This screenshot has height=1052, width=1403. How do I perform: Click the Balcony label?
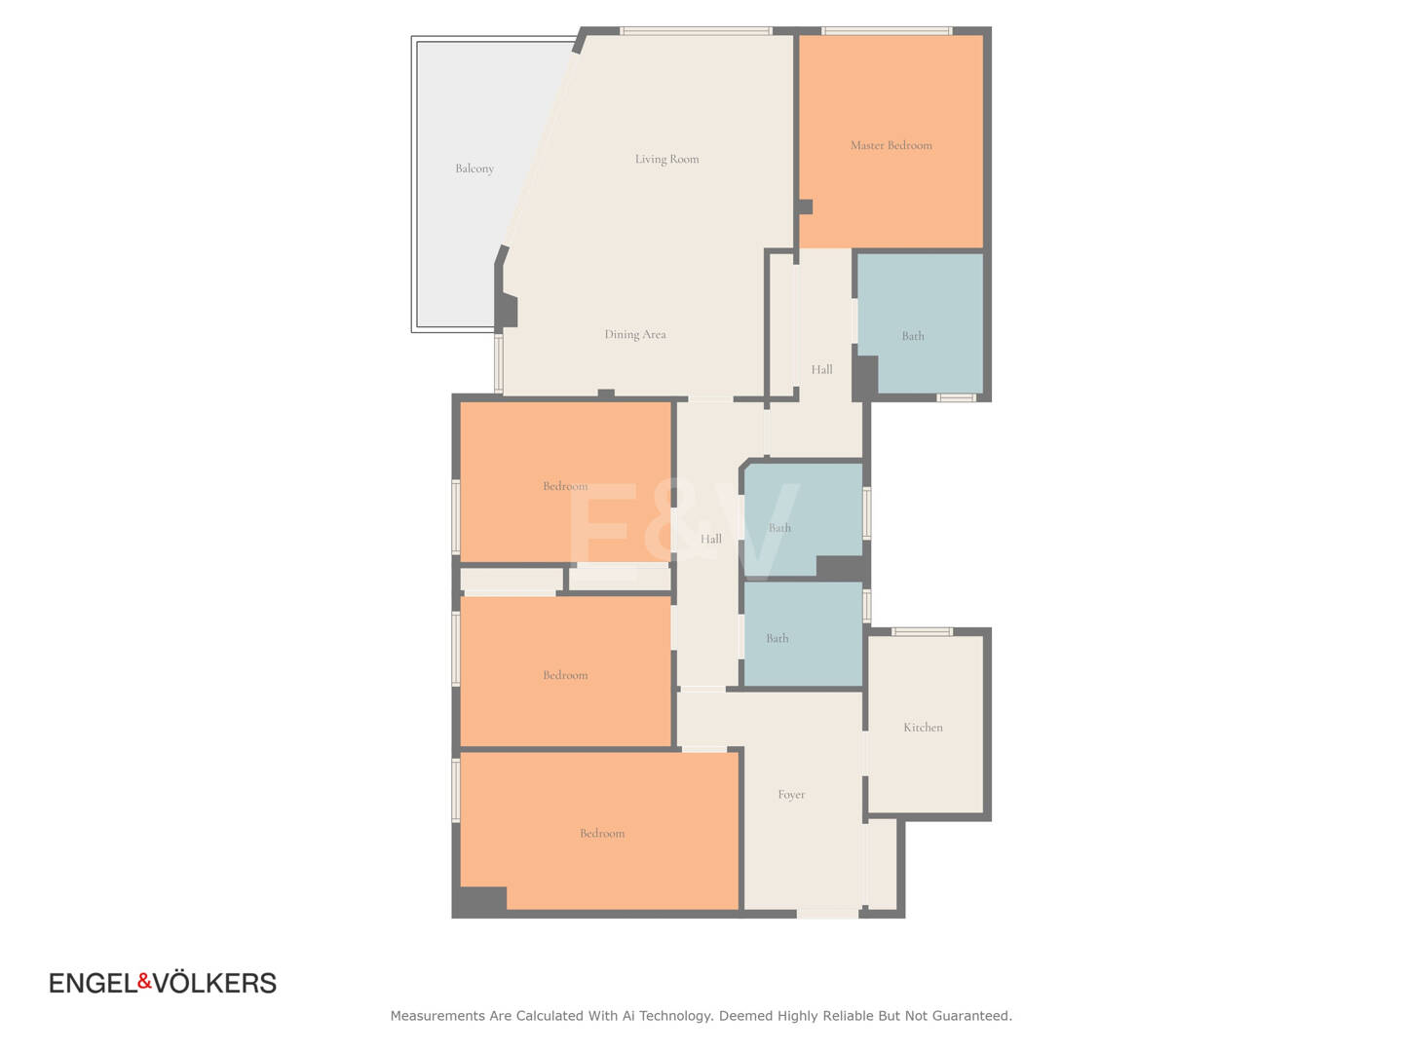(474, 169)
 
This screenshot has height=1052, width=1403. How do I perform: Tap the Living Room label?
(666, 159)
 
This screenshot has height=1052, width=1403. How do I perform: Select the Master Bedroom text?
(891, 146)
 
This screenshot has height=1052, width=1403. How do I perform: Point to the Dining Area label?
(635, 334)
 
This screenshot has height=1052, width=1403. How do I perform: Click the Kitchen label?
(923, 727)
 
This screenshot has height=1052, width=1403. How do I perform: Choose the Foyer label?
(791, 795)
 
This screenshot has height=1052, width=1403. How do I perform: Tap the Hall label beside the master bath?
(822, 369)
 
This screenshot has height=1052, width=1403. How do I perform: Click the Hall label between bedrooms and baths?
(711, 539)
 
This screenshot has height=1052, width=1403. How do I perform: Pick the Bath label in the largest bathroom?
(913, 336)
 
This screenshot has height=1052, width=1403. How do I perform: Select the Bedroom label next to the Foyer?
(602, 833)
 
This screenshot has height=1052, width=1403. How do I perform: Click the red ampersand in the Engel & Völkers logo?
(144, 981)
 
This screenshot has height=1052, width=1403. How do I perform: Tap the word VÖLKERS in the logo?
(214, 984)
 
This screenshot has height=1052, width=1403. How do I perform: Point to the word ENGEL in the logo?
(94, 984)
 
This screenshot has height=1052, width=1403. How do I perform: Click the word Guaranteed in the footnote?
(972, 1016)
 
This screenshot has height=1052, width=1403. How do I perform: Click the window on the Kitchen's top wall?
(922, 632)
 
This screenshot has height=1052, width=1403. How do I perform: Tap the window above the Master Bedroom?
(888, 30)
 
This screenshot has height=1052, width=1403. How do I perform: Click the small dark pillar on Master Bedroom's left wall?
(806, 207)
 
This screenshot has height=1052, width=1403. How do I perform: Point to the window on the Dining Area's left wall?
(499, 363)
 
